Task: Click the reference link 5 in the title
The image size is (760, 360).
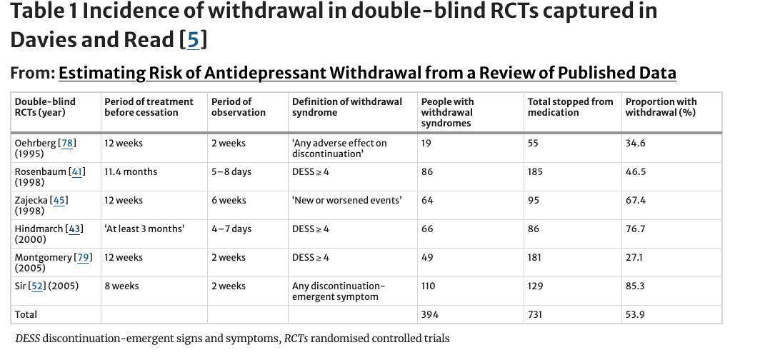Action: (194, 40)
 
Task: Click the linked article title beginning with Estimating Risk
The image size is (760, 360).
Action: (367, 73)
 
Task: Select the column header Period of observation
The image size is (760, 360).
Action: (239, 107)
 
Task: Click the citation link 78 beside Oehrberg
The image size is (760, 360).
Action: (68, 143)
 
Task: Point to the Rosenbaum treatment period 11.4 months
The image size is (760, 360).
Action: (131, 171)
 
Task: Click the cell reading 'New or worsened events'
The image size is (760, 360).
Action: (346, 200)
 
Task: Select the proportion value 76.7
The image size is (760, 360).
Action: (636, 229)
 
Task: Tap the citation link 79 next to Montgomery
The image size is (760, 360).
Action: (84, 257)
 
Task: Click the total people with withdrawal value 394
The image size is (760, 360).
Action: (431, 314)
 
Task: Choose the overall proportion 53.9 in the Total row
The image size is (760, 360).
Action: (636, 314)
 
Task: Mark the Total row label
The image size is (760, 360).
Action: (26, 314)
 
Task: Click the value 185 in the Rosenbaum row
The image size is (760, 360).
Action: (535, 171)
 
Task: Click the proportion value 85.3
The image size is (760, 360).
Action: (636, 286)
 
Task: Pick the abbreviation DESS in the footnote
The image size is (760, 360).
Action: (27, 338)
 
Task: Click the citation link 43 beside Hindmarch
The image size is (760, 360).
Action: (75, 229)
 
